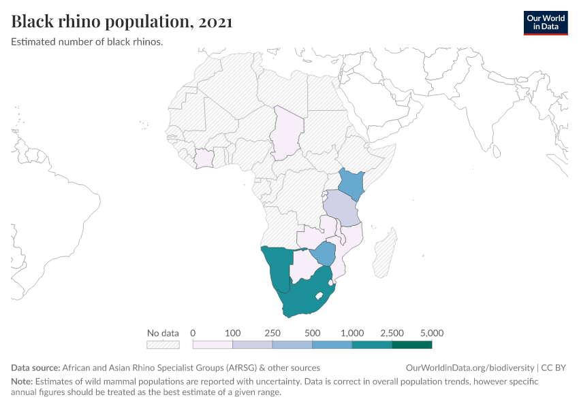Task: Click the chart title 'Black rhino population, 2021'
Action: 122,22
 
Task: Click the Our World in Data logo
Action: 545,22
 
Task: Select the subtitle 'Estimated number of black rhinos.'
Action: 87,41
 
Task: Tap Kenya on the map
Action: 352,182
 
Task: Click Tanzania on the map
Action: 340,208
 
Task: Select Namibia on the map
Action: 278,269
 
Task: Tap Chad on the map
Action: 285,133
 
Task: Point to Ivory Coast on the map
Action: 204,158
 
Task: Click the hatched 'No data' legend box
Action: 163,345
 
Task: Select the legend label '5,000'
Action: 432,333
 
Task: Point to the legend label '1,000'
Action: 352,333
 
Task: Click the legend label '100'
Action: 233,333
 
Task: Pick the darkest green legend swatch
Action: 411,345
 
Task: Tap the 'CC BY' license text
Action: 554,368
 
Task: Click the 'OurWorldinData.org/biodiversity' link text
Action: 470,368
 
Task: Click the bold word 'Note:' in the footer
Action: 22,381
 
